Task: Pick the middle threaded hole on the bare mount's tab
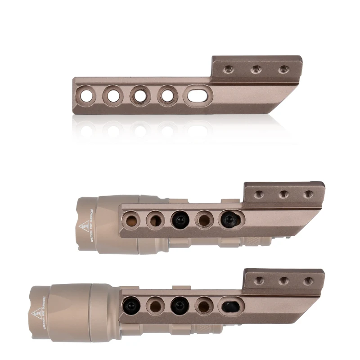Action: [256, 69]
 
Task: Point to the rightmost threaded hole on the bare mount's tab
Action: [283, 69]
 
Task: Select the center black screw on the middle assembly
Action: [179, 219]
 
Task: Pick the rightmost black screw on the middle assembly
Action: [229, 219]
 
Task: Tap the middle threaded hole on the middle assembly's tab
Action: [283, 194]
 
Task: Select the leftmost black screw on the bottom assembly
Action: [131, 305]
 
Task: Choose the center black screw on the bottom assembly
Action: [179, 305]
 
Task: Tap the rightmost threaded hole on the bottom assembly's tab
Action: [308, 281]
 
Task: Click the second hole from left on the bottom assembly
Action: [155, 305]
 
